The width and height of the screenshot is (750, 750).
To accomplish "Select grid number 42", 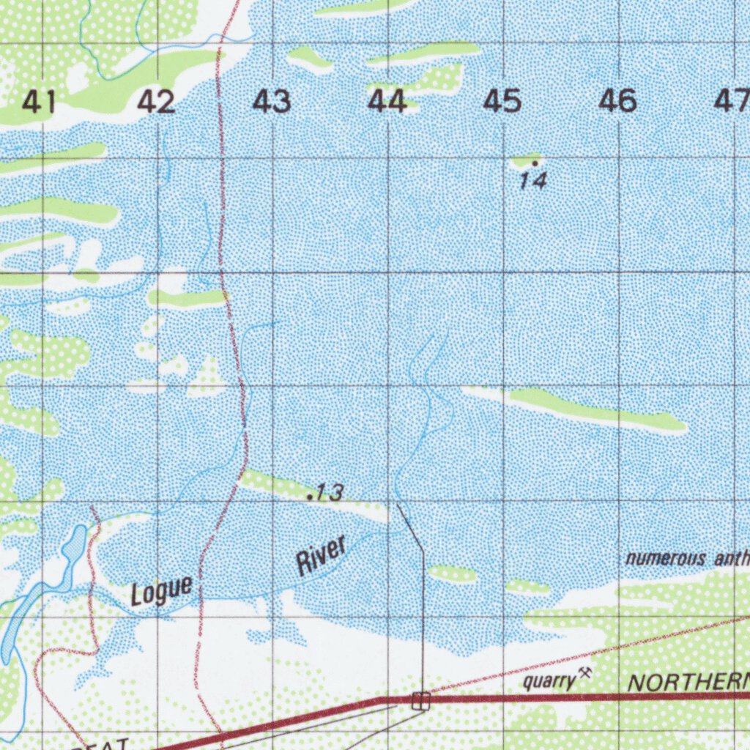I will (x=157, y=102).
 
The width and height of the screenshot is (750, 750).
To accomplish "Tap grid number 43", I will (x=272, y=102).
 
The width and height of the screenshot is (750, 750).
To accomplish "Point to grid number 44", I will (x=387, y=102).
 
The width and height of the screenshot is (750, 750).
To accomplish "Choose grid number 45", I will (x=502, y=102).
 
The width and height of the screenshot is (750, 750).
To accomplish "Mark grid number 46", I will (x=617, y=102).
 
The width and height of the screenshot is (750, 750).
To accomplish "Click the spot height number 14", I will (x=533, y=180).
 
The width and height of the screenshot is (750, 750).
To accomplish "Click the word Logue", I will (x=162, y=590).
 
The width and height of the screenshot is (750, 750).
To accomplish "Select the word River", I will (x=320, y=556).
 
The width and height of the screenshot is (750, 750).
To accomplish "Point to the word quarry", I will (x=549, y=681).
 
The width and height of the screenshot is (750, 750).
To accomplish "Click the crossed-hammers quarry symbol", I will (x=584, y=672).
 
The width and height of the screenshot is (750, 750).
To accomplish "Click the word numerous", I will (x=665, y=559).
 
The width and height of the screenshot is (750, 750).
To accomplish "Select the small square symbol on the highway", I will (x=420, y=701).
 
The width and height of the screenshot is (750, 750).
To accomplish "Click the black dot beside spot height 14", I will (x=535, y=163).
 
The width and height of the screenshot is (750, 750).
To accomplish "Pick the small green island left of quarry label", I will (x=452, y=573).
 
